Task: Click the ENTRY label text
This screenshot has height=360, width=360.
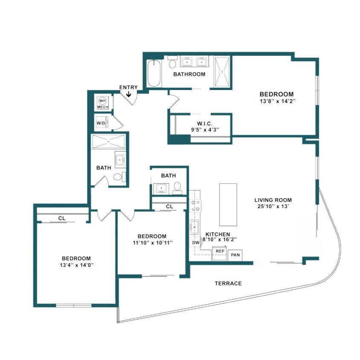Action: coord(128,87)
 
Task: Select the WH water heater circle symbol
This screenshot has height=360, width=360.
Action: coord(102,101)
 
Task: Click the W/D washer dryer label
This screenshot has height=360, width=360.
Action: coord(101,124)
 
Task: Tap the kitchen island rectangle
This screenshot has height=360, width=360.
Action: coord(228,204)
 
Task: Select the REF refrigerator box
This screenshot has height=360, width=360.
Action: coord(220,252)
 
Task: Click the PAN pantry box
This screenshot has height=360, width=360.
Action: coord(235,255)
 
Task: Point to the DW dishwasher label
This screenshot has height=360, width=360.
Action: coord(196,243)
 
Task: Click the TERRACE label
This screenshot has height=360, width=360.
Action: coord(228,283)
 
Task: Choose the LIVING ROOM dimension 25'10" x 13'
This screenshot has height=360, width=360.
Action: coord(273,207)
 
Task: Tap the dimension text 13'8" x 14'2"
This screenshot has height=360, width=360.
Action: coord(277,102)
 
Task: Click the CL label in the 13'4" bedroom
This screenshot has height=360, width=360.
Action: coord(62,218)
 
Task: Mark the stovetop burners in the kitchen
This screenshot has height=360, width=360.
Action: coord(196,206)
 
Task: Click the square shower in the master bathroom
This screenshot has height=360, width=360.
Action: coord(221,72)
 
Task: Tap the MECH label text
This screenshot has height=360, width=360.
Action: coord(102,107)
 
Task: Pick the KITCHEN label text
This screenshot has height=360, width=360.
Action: coord(218,235)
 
